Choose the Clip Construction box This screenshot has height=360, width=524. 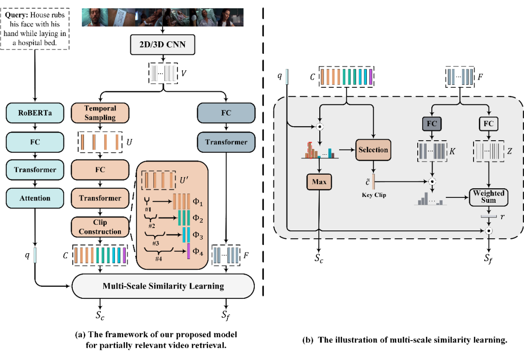click(100, 227)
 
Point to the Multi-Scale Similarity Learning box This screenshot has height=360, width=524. click(163, 286)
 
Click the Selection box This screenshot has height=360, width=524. click(373, 150)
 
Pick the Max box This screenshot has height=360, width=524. click(318, 183)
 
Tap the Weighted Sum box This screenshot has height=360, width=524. click(489, 196)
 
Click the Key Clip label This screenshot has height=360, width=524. click(373, 195)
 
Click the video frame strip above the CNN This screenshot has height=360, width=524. click(163, 17)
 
